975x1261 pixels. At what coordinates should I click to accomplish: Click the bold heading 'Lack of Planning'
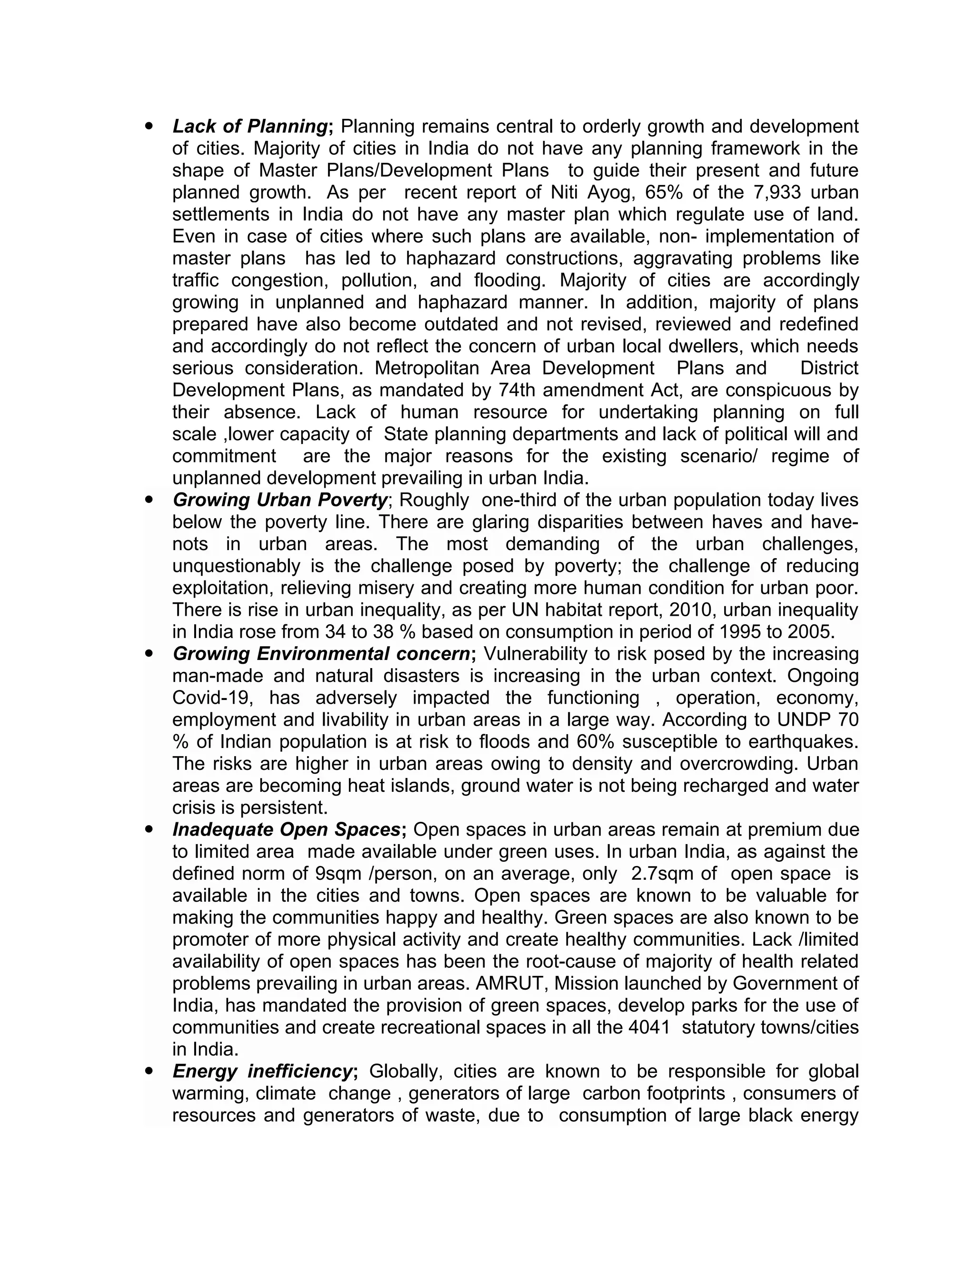tap(250, 126)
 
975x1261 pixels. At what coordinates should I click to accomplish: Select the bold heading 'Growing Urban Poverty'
tap(279, 500)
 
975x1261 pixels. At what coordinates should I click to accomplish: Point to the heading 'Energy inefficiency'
tap(263, 1071)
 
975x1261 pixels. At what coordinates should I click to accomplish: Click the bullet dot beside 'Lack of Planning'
tap(150, 125)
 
